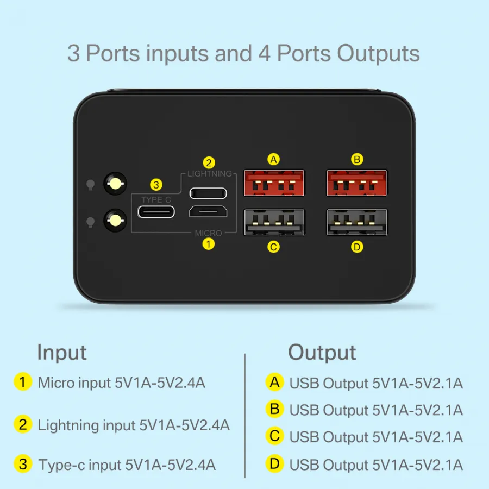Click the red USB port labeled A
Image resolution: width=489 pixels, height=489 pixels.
pyautogui.click(x=274, y=183)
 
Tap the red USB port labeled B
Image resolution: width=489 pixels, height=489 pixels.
pyautogui.click(x=357, y=183)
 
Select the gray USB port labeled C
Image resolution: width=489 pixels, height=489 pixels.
pyautogui.click(x=274, y=222)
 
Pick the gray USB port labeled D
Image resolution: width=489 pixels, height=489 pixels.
pyautogui.click(x=357, y=222)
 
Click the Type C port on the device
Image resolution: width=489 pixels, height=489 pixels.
pyautogui.click(x=156, y=212)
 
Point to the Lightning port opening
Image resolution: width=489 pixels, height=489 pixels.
pyautogui.click(x=208, y=193)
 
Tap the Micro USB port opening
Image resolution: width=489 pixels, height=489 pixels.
pyautogui.click(x=208, y=211)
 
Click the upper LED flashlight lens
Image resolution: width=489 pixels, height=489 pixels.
pyautogui.click(x=115, y=184)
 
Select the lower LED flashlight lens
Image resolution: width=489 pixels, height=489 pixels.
pyautogui.click(x=115, y=221)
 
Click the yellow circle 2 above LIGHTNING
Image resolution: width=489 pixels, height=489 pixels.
pyautogui.click(x=209, y=163)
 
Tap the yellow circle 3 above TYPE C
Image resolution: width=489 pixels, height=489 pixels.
pyautogui.click(x=156, y=185)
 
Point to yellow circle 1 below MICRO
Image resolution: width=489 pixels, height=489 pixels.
pyautogui.click(x=208, y=244)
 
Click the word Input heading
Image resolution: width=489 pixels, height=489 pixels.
pyautogui.click(x=62, y=353)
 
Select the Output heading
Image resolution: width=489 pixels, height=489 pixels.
pyautogui.click(x=322, y=353)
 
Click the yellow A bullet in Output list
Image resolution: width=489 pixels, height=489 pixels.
pyautogui.click(x=274, y=382)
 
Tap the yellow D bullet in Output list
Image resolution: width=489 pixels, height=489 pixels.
pyautogui.click(x=274, y=464)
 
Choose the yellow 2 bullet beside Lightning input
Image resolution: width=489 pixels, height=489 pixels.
pyautogui.click(x=23, y=424)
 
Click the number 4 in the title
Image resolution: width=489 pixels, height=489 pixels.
pyautogui.click(x=264, y=53)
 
